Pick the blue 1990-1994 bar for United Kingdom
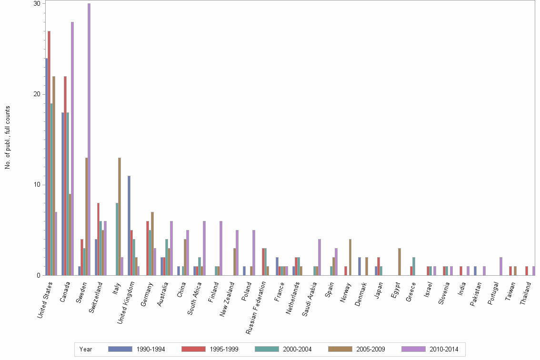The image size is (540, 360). click(129, 226)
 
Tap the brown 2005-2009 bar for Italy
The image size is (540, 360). click(120, 217)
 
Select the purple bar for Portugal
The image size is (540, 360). click(501, 266)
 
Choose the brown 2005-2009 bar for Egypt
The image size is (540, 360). click(400, 262)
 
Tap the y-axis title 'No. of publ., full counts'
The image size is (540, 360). click(8, 138)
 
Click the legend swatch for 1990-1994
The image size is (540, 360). click(120, 349)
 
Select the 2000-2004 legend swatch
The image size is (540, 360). click(267, 349)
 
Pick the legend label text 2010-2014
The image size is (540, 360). click(443, 350)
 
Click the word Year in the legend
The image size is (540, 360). click(86, 350)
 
